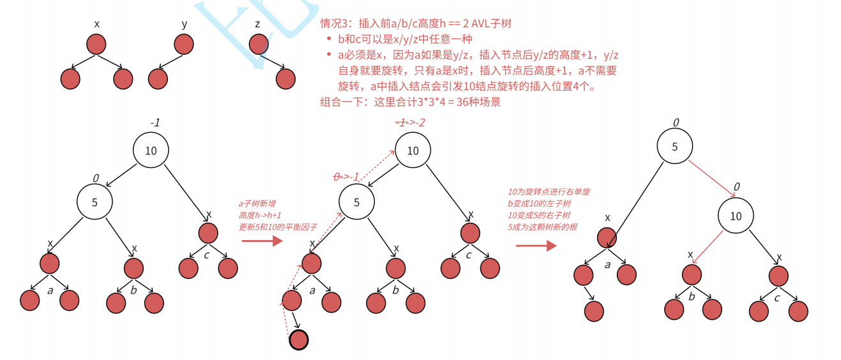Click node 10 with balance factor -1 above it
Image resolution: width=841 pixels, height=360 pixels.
(151, 151)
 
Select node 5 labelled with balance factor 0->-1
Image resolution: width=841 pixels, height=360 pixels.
(356, 202)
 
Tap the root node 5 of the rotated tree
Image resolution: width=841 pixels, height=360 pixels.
(674, 146)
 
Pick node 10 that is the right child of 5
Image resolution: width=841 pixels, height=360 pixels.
(736, 216)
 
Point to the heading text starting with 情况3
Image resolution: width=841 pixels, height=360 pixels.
(416, 24)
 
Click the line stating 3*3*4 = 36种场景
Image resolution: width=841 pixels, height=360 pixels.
(411, 101)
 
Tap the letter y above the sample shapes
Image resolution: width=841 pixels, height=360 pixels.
(185, 24)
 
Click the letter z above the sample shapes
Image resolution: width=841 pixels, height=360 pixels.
(257, 24)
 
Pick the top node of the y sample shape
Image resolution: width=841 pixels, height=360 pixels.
(183, 44)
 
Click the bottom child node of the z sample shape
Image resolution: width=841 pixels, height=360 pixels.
(285, 79)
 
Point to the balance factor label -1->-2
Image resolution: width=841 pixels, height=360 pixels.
(409, 122)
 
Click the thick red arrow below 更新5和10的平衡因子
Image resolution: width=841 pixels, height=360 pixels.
(262, 241)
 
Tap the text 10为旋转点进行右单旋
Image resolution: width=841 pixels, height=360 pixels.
(549, 191)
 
